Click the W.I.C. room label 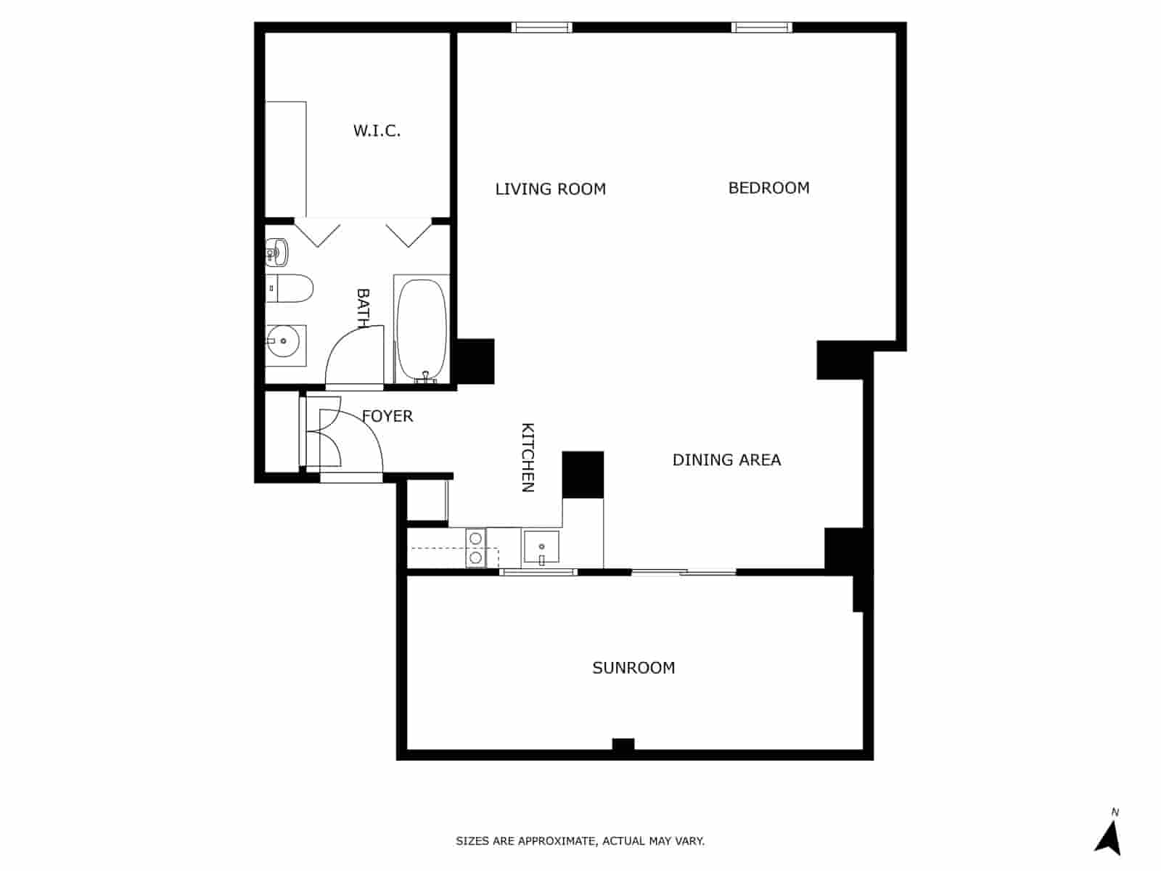click(x=377, y=131)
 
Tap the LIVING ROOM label click(x=550, y=189)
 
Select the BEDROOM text click(x=768, y=188)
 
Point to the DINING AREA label click(x=726, y=460)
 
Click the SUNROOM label click(x=633, y=668)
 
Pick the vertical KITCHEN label click(x=528, y=457)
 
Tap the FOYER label click(x=387, y=416)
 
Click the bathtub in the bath click(x=421, y=328)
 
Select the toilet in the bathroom click(x=290, y=289)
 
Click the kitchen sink click(x=541, y=547)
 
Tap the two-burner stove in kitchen click(x=476, y=548)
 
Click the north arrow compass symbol click(x=1109, y=838)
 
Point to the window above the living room click(x=541, y=28)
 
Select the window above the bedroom click(x=761, y=28)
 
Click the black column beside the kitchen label click(x=583, y=475)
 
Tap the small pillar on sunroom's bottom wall click(x=623, y=745)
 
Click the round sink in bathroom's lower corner click(x=284, y=341)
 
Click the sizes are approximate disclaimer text click(x=580, y=841)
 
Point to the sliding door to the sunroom click(x=683, y=573)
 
